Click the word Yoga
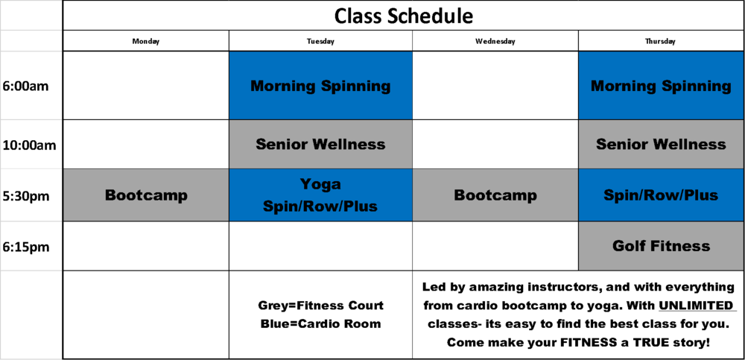pyautogui.click(x=320, y=184)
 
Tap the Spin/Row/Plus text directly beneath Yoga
pyautogui.click(x=320, y=206)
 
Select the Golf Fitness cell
pyautogui.click(x=661, y=246)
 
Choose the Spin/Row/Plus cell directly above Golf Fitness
pyautogui.click(x=661, y=195)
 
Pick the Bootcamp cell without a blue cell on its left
pyautogui.click(x=146, y=195)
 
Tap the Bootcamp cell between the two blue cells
pyautogui.click(x=495, y=195)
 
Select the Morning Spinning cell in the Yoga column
pyautogui.click(x=320, y=86)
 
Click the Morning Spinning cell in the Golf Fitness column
pyautogui.click(x=661, y=86)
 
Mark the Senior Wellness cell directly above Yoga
pyautogui.click(x=320, y=144)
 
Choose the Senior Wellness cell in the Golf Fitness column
pyautogui.click(x=661, y=144)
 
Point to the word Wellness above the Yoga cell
pyautogui.click(x=348, y=144)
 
